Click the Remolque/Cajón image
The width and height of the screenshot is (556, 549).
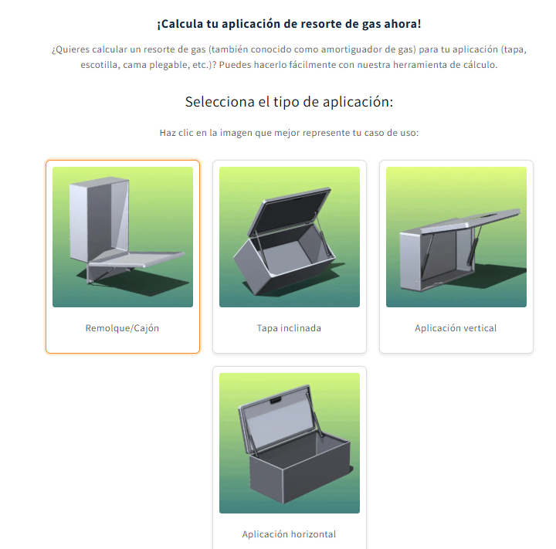(x=123, y=237)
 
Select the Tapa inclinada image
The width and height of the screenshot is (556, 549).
(x=290, y=237)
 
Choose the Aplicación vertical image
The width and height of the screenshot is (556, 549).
(x=456, y=237)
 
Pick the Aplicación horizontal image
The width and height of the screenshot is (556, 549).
(x=290, y=443)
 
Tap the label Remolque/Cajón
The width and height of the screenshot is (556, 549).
(x=122, y=328)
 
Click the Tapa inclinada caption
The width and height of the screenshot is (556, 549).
(x=289, y=328)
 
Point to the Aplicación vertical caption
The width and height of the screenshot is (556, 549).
(x=456, y=328)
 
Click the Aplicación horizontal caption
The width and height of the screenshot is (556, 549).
(x=289, y=534)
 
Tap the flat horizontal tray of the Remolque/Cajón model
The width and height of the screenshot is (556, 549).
(x=137, y=259)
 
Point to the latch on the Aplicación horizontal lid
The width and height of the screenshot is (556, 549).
(x=276, y=401)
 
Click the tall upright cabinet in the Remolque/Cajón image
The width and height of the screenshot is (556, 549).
(x=100, y=219)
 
